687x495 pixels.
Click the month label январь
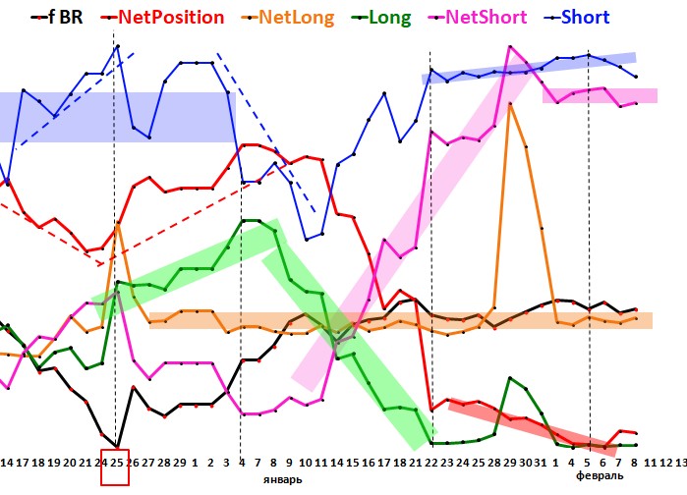coord(281,478)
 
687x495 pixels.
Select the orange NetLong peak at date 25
coord(118,224)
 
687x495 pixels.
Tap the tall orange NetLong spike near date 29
coord(509,102)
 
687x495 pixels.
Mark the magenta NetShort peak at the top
coord(510,46)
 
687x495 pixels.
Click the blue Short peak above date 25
coord(118,45)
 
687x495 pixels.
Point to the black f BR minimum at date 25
coord(118,447)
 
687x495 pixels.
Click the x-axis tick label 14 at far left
coord(7,461)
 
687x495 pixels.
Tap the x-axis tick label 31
coord(540,461)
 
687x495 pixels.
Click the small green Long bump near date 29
coord(510,378)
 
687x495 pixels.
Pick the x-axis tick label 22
coord(431,461)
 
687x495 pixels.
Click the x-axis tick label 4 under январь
coord(243,461)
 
